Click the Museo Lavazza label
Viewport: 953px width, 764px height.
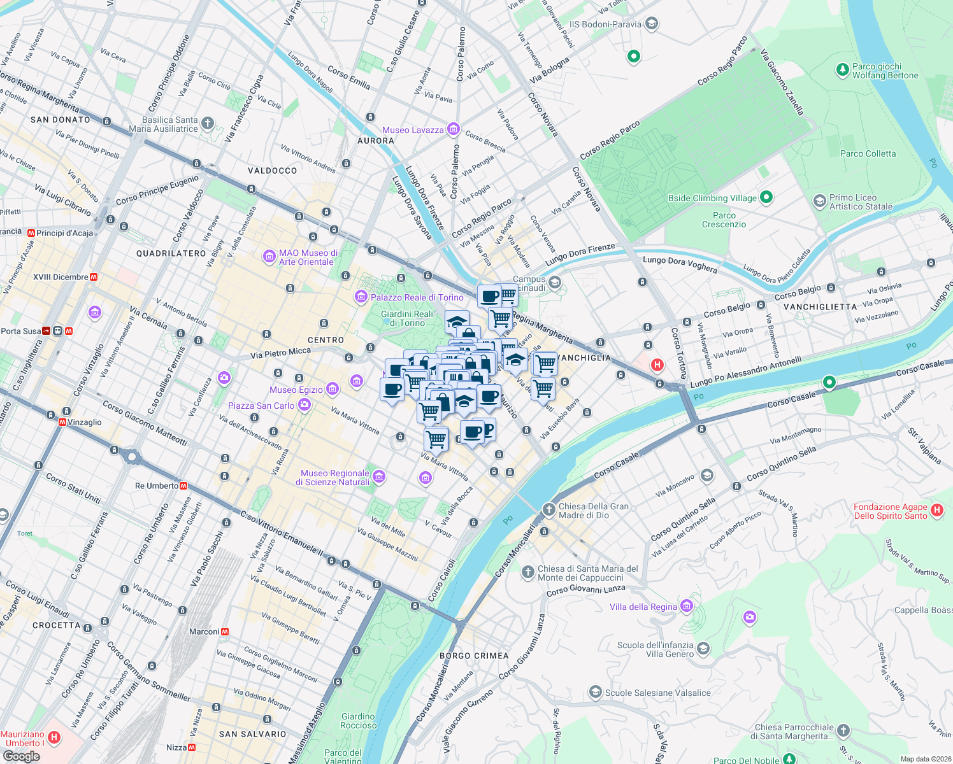413,130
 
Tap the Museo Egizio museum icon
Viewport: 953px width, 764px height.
332,389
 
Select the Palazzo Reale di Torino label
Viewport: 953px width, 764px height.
417,297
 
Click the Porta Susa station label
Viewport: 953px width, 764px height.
20,331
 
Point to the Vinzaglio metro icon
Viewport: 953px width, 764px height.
62,422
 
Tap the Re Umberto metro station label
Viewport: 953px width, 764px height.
157,486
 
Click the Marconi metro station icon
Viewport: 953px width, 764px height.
225,632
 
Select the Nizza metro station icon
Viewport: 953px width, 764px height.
192,747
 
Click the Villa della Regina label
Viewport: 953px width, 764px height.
643,607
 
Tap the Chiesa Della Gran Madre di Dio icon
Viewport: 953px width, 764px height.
548,509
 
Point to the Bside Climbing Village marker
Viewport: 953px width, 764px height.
766,197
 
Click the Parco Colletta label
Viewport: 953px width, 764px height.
868,153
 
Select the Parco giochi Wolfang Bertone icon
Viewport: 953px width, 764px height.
842,69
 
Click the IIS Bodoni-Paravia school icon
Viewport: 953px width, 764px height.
651,24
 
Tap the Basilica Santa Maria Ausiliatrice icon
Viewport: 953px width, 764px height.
208,124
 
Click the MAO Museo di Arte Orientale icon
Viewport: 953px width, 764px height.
269,257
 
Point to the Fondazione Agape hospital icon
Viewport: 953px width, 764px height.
936,510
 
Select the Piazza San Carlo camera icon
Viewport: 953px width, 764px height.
305,404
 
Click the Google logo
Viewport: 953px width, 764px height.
21,756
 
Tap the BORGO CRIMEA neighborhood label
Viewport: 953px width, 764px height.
474,656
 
